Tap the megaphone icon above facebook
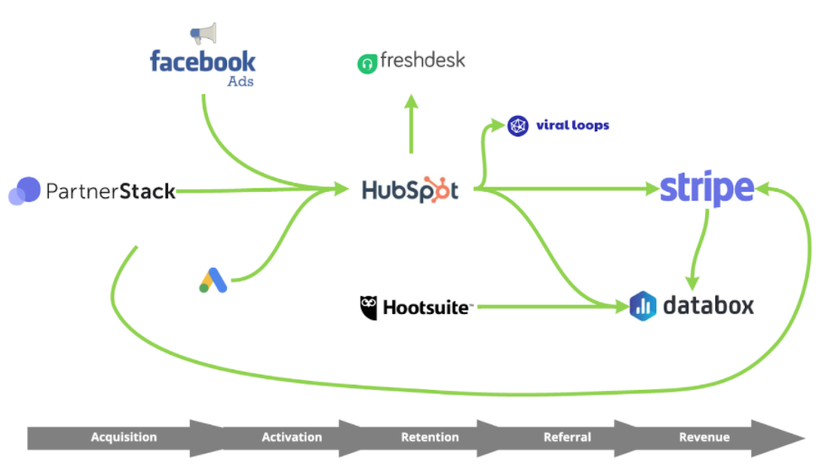pos(203,34)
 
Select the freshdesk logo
pos(411,62)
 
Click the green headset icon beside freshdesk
pos(367,64)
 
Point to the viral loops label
pos(572,126)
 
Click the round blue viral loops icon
pos(517,126)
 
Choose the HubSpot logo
pos(410,190)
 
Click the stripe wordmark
pos(706,188)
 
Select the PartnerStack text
pos(110,191)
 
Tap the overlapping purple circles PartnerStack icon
pos(24,191)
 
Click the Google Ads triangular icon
pos(212,281)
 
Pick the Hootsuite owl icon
pos(368,307)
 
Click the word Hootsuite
pos(427,308)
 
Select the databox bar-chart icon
pos(642,306)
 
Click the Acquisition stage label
pos(124,437)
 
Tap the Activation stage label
pos(292,437)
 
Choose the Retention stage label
pos(429,437)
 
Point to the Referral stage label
pos(567,437)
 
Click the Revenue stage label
pos(704,437)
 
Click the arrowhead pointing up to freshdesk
pos(411,101)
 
